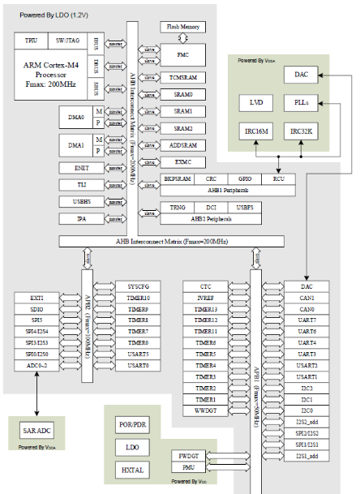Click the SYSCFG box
(x=137, y=287)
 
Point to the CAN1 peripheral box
(x=306, y=299)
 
